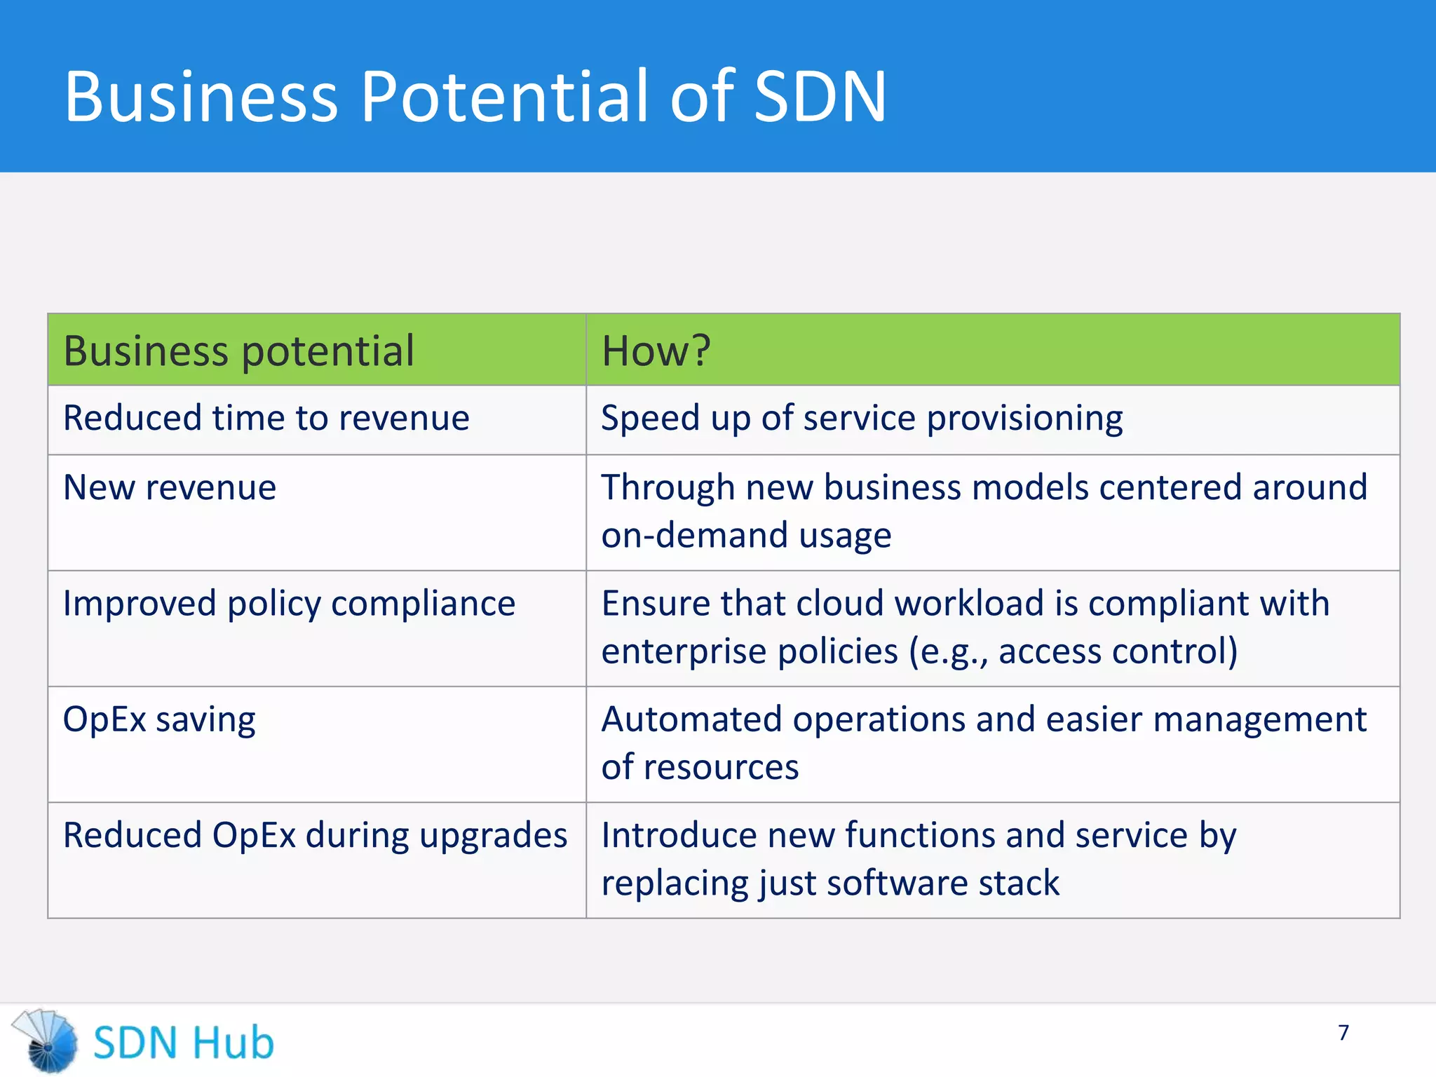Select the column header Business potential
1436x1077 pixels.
(238, 351)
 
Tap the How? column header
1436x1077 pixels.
(656, 351)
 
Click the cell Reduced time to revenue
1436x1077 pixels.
(266, 419)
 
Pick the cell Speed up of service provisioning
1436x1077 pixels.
(862, 419)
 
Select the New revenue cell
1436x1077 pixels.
(170, 487)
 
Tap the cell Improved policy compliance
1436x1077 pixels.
(289, 604)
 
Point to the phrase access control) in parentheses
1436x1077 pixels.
(1118, 651)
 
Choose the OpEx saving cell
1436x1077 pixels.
(159, 720)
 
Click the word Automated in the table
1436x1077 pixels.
(691, 720)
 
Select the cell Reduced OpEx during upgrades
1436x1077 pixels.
(315, 836)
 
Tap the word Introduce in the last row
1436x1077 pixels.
(678, 836)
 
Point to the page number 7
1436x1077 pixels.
(1343, 1033)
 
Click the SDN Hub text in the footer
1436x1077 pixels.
(184, 1043)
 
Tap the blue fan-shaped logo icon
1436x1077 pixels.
(46, 1041)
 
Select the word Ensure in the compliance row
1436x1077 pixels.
(654, 604)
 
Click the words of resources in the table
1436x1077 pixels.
(700, 767)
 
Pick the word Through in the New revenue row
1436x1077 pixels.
(668, 487)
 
